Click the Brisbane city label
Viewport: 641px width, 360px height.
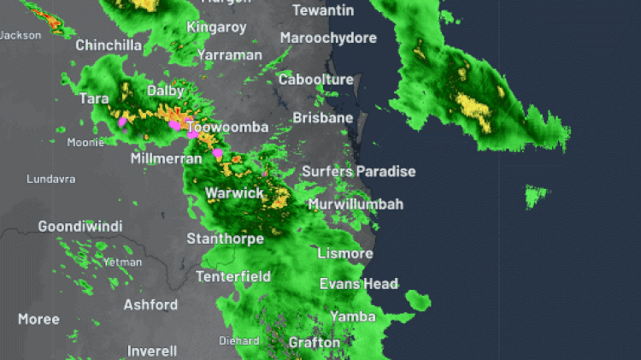tap(322, 118)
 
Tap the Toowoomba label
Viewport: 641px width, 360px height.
tap(227, 127)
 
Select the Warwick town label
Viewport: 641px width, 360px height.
tap(234, 193)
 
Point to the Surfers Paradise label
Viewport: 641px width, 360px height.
tap(358, 172)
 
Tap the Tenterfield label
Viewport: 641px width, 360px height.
tap(233, 277)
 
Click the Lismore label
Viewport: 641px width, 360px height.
tap(344, 254)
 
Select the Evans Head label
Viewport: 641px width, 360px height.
tap(358, 284)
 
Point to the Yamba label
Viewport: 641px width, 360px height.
tap(353, 317)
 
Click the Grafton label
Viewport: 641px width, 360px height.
tap(314, 343)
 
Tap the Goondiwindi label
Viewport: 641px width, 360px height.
tap(80, 227)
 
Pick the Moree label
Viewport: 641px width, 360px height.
tap(38, 319)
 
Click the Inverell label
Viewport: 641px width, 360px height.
tap(152, 351)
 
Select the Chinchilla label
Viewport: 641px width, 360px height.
tap(108, 45)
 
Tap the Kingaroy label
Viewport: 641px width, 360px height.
tap(216, 27)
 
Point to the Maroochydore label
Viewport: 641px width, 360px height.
tap(328, 38)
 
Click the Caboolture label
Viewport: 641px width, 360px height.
tap(315, 80)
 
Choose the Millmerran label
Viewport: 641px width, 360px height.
tap(166, 159)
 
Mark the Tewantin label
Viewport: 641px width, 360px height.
tap(323, 10)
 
